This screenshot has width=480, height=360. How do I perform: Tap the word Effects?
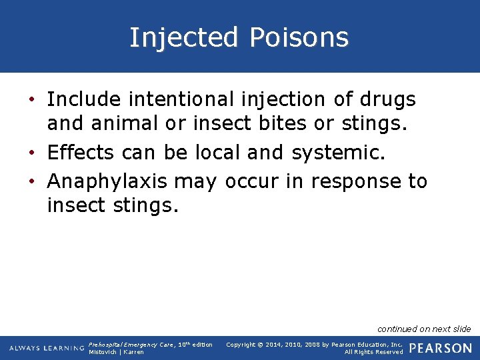coord(81,153)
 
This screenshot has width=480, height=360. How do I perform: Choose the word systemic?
coord(339,153)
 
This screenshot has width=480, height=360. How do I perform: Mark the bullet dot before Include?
coord(32,101)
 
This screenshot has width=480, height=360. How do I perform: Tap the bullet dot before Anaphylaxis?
coord(32,181)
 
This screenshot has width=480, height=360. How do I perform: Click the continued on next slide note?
coord(424,329)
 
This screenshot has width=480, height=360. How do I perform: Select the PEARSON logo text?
coord(441,348)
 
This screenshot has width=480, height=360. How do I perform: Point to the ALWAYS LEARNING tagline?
coord(47,348)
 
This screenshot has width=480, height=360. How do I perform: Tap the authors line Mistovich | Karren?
coord(116,352)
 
